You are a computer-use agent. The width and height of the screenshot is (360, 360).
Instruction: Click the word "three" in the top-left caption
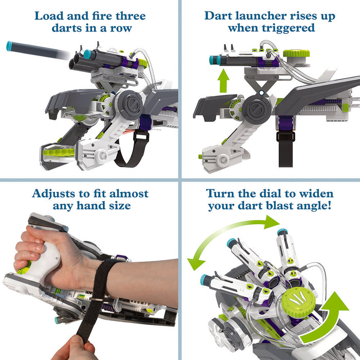131,16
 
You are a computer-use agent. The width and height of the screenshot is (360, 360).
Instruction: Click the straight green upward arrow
223,81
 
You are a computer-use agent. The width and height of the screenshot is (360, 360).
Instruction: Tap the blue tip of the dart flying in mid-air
9,46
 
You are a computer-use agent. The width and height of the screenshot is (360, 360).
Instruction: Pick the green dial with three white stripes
299,302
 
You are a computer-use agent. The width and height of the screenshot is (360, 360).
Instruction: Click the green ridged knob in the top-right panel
296,53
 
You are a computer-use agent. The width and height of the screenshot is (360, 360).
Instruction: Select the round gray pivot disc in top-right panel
257,109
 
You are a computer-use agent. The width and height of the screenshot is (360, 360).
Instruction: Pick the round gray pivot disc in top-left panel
130,104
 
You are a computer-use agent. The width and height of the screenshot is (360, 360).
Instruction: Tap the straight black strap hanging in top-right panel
285,149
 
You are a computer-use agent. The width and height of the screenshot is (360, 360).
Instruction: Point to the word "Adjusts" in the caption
53,194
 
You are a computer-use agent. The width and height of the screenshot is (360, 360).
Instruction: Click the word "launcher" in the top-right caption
261,16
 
